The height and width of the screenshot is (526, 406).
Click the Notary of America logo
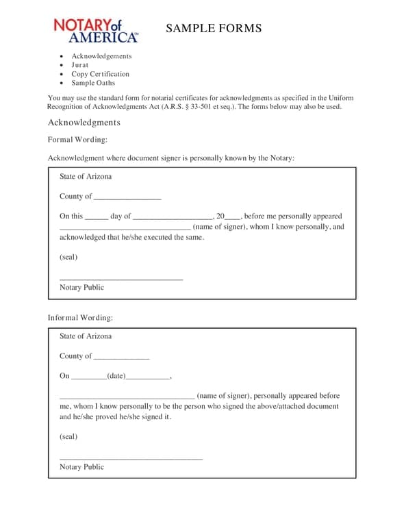click(96, 30)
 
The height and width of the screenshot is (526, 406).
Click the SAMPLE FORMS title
click(214, 28)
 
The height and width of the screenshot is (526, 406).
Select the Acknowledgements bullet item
click(101, 56)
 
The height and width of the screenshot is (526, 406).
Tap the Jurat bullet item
click(80, 65)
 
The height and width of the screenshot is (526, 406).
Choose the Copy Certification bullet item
click(100, 74)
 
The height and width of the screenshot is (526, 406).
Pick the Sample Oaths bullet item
click(93, 83)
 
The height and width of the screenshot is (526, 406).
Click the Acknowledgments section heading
click(84, 123)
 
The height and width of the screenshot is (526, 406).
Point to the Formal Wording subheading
click(77, 140)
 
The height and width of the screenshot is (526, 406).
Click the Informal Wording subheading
click(80, 318)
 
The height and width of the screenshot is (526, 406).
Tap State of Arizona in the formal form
click(86, 177)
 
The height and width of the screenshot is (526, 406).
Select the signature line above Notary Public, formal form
click(121, 278)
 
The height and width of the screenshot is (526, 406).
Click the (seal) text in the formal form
click(68, 258)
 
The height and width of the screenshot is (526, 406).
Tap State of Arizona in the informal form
click(86, 336)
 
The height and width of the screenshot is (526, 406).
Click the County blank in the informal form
click(121, 357)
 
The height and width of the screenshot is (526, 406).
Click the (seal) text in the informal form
click(68, 436)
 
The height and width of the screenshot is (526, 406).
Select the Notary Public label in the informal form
click(81, 467)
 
